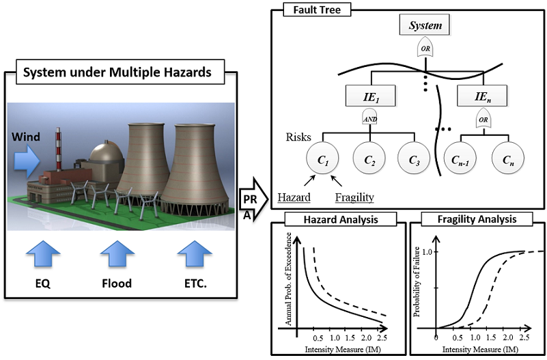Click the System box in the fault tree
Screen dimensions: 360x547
(425, 27)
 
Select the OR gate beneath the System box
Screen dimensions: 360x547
(425, 49)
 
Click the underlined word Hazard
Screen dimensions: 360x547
(294, 197)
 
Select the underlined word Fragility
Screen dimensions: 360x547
(355, 197)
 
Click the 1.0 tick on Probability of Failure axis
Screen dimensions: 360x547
(426, 251)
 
